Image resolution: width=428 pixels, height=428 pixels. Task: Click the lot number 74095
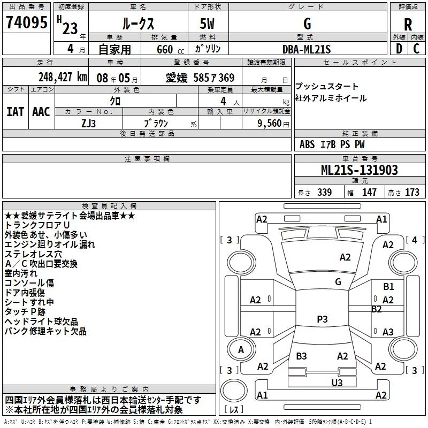pos(26,22)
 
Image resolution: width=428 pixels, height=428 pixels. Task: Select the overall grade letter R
pos(408,25)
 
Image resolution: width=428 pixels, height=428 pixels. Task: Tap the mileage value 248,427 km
pos(63,77)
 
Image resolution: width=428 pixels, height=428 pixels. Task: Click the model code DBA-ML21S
pos(307,49)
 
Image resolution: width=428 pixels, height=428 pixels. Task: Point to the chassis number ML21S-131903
pos(359,170)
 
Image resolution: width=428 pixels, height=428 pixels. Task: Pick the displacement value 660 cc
pos(170,50)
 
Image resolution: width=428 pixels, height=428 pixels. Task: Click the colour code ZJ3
pos(88,124)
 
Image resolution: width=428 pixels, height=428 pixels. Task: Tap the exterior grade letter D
pos(399,49)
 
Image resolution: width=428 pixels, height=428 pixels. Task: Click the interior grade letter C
pos(416,49)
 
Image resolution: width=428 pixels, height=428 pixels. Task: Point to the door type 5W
pos(207,24)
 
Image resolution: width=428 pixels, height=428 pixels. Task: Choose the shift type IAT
pos(15,112)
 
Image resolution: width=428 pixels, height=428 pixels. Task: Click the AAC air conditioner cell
pos(41,112)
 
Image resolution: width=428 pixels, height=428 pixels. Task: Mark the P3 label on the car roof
pos(322,319)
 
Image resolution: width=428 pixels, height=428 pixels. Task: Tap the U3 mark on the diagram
pos(337,383)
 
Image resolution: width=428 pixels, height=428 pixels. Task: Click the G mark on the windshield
pos(338,282)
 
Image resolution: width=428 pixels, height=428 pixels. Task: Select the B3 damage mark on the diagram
pos(301,356)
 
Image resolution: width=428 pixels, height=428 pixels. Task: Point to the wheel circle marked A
pos(241,349)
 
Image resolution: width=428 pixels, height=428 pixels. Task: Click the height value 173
pos(412,192)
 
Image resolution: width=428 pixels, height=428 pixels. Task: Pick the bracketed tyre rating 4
pos(415,240)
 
